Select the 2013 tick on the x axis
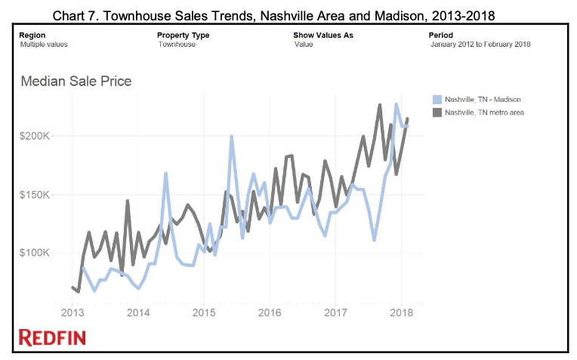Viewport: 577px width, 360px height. click(x=72, y=312)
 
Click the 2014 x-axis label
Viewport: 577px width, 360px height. click(x=137, y=312)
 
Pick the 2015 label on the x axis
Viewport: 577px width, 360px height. click(x=203, y=312)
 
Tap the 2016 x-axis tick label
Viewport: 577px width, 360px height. click(x=270, y=312)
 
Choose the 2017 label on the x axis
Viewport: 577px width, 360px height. click(x=335, y=312)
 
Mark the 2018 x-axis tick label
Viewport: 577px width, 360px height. click(x=401, y=312)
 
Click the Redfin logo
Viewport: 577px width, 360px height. click(x=52, y=337)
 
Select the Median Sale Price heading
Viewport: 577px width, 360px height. click(x=76, y=81)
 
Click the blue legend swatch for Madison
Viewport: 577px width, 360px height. click(x=437, y=99)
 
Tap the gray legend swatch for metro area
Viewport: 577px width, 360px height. click(x=437, y=112)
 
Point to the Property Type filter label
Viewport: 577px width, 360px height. click(x=183, y=35)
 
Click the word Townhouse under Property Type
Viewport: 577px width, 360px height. click(x=177, y=45)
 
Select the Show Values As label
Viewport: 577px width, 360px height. click(x=322, y=35)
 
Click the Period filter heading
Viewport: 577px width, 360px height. click(x=440, y=35)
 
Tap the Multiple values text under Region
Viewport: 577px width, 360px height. click(x=44, y=45)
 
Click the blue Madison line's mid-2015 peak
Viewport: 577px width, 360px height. click(x=231, y=137)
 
